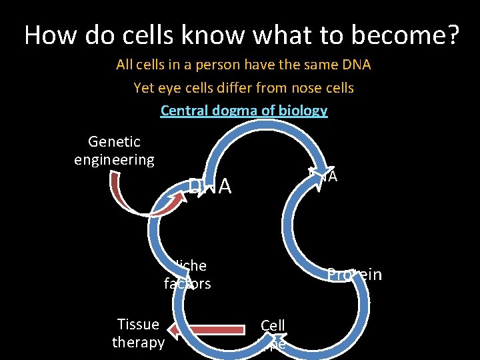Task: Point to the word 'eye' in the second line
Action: [x=165, y=88]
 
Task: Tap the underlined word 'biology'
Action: [x=303, y=111]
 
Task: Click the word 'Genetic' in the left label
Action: [x=114, y=142]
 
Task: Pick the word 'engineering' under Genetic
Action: [x=114, y=160]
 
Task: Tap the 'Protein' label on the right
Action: [x=354, y=275]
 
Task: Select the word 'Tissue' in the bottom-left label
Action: [x=138, y=325]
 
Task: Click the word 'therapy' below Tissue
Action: [x=138, y=343]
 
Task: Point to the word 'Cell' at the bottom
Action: [x=273, y=325]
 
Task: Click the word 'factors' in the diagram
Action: [x=187, y=284]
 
